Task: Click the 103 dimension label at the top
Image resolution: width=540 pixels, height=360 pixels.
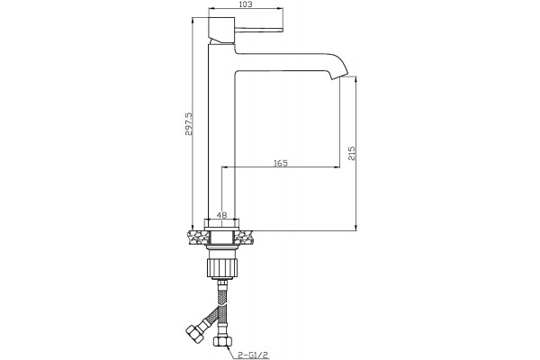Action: click(245, 4)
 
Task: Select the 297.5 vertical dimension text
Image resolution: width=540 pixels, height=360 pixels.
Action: click(189, 123)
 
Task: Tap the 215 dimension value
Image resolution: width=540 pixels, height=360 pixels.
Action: click(352, 153)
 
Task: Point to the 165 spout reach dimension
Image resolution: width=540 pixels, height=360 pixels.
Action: click(281, 163)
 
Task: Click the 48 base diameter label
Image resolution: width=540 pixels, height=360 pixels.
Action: click(221, 215)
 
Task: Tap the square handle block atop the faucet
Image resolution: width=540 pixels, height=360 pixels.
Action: click(221, 30)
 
